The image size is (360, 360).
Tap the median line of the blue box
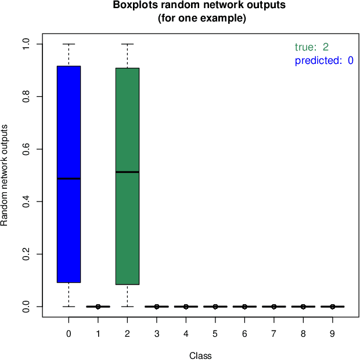point(69,178)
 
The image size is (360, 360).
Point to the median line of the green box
point(127,172)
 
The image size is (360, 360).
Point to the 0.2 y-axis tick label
point(26,254)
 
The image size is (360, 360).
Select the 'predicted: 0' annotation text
point(323,60)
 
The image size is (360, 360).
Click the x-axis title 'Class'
point(200,355)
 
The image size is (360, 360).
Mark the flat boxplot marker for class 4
point(186,306)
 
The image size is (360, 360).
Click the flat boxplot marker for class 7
point(273,306)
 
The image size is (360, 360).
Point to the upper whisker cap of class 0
point(69,44)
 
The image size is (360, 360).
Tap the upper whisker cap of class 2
point(127,44)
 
